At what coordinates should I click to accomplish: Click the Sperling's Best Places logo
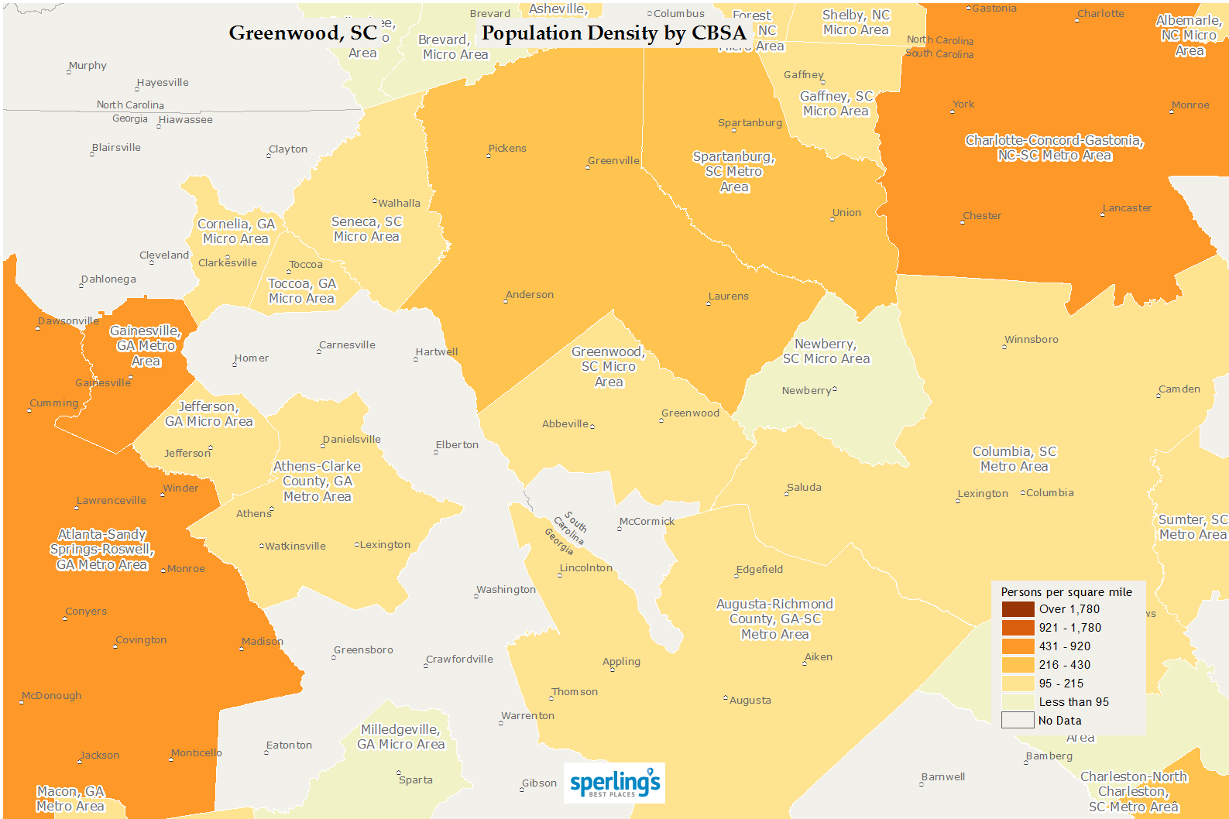tap(614, 783)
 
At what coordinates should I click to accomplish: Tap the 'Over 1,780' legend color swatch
tap(1018, 609)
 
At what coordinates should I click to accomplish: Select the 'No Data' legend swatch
tap(1018, 721)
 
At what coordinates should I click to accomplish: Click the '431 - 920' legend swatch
tap(1018, 646)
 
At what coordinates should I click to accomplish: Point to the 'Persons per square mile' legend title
tap(1066, 592)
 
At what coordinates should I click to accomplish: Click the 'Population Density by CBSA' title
tap(613, 33)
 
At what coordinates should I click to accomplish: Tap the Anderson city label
tap(530, 295)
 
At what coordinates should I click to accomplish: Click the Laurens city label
tap(729, 296)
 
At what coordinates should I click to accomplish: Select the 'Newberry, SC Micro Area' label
tap(826, 351)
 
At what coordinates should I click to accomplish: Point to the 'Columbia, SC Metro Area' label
tap(1014, 459)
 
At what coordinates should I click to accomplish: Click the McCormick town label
tap(647, 522)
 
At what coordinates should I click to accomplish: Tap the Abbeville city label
tap(565, 424)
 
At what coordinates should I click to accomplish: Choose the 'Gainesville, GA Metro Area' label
tap(146, 346)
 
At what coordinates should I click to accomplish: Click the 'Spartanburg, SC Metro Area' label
tap(734, 172)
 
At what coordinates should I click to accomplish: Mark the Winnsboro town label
tap(1032, 340)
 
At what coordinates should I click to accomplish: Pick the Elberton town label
tap(457, 445)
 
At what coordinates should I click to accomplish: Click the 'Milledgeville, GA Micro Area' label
tap(400, 737)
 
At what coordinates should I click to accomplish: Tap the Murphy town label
tap(88, 66)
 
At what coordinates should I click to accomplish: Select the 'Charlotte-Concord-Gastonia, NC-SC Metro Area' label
tap(1054, 148)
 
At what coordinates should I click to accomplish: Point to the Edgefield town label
tap(760, 570)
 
